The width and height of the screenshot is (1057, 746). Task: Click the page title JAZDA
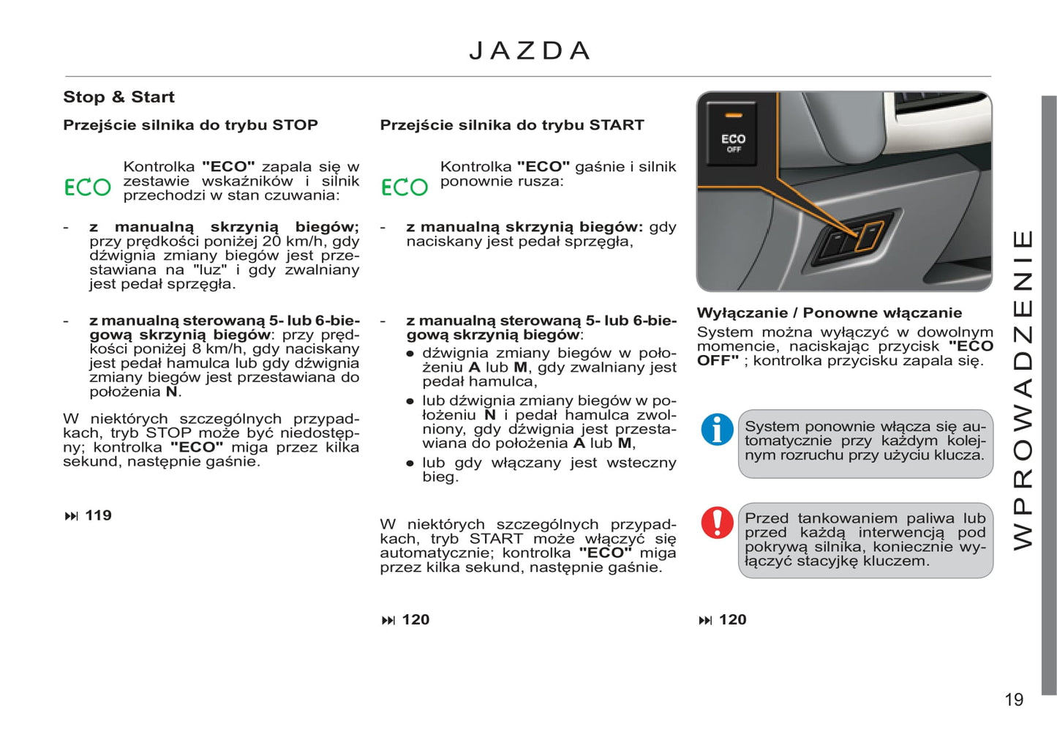pyautogui.click(x=529, y=51)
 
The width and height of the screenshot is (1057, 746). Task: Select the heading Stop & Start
pyautogui.click(x=119, y=97)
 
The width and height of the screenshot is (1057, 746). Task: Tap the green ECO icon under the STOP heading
pyautogui.click(x=88, y=187)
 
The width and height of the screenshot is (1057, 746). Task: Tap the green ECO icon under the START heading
pyautogui.click(x=405, y=187)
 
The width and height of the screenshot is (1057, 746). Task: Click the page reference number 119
pyautogui.click(x=98, y=515)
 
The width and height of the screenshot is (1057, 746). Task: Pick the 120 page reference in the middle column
pyautogui.click(x=415, y=620)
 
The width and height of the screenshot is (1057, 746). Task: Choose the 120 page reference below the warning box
pyautogui.click(x=732, y=620)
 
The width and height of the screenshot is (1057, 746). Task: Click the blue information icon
pyautogui.click(x=717, y=429)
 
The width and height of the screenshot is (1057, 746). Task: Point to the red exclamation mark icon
pyautogui.click(x=717, y=523)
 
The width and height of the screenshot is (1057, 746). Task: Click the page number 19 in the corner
pyautogui.click(x=1014, y=700)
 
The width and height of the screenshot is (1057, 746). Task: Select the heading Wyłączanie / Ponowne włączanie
pyautogui.click(x=829, y=313)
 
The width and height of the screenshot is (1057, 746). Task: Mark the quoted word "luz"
pyautogui.click(x=210, y=270)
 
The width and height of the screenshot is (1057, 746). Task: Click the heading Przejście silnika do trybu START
pyautogui.click(x=511, y=125)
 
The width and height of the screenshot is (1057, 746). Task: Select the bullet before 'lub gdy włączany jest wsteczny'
pyautogui.click(x=410, y=463)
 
